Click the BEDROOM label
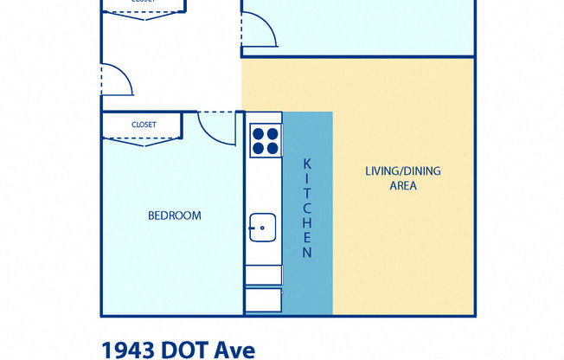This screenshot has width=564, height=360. point(174,215)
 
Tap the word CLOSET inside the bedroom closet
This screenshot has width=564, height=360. point(144,125)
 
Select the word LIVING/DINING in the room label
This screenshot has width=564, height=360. point(402,170)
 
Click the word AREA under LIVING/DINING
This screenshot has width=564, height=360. point(403,185)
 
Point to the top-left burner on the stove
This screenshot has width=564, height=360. point(257,133)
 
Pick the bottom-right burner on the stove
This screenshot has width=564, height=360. point(272,148)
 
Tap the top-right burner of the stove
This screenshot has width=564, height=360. point(272,133)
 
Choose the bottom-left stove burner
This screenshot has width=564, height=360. point(257,148)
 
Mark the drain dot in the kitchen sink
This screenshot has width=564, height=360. point(262,227)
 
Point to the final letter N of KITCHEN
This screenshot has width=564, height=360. point(306,253)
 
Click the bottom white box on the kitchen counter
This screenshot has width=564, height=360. point(263,300)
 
